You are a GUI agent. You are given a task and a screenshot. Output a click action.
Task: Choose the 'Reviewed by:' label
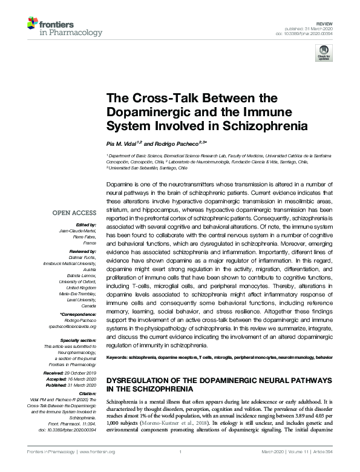[82, 251]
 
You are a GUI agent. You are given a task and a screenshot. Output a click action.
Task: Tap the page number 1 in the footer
[180, 468]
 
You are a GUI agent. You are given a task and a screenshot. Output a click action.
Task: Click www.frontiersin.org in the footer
[100, 468]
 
